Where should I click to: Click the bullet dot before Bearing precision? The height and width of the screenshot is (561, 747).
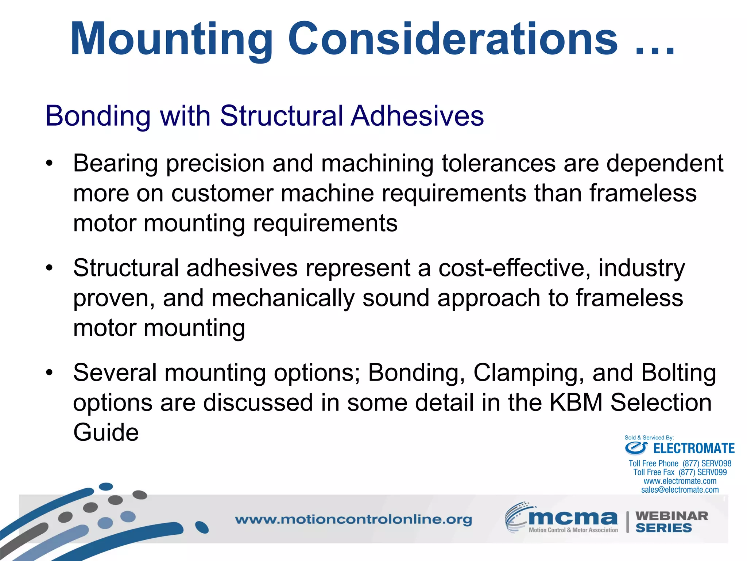[50, 163]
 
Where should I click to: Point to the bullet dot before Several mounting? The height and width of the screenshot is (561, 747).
[50, 373]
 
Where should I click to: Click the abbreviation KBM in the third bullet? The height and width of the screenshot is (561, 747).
[576, 402]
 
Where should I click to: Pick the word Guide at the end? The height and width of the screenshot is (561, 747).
[106, 432]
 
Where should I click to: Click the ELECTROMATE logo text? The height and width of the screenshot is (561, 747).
[693, 449]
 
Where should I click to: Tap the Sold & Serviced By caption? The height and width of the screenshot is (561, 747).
[649, 438]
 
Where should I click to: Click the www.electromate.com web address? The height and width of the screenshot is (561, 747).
[680, 481]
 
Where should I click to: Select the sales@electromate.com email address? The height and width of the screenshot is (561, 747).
[680, 490]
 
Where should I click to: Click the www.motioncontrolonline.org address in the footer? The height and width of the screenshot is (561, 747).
[353, 519]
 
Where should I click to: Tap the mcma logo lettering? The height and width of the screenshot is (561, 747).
[573, 518]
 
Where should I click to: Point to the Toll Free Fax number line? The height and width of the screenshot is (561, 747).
[680, 472]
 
